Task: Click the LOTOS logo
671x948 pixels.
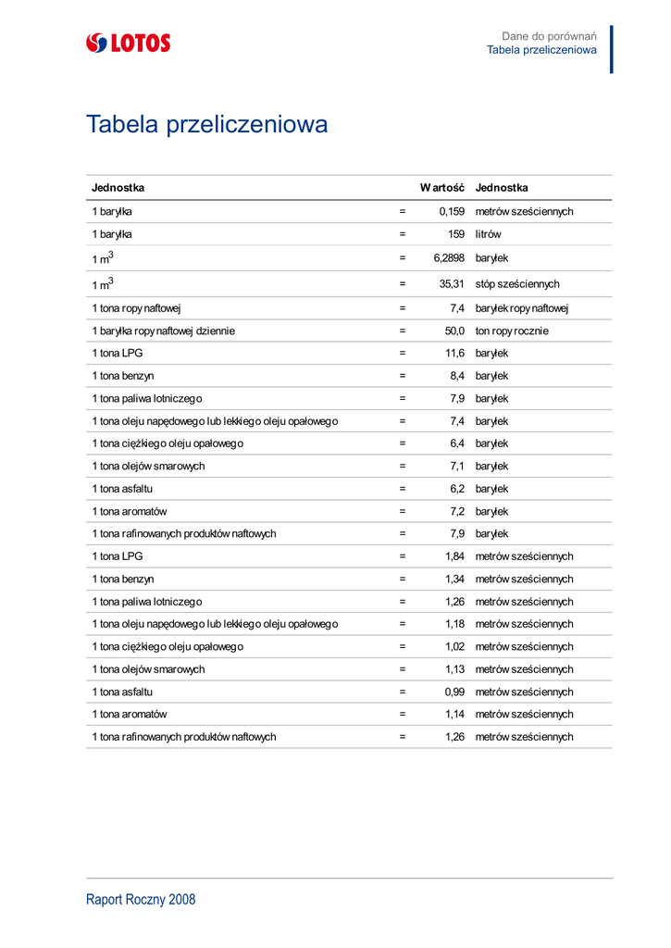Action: tap(128, 43)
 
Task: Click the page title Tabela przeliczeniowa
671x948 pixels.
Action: tap(206, 124)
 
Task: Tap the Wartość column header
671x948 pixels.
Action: tap(441, 188)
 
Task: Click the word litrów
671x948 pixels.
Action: tap(488, 235)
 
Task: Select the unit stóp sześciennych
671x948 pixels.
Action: tap(517, 284)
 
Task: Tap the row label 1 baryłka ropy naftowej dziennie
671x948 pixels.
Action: tap(163, 331)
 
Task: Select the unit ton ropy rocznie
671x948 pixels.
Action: tap(512, 331)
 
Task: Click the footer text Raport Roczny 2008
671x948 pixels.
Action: tap(141, 900)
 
